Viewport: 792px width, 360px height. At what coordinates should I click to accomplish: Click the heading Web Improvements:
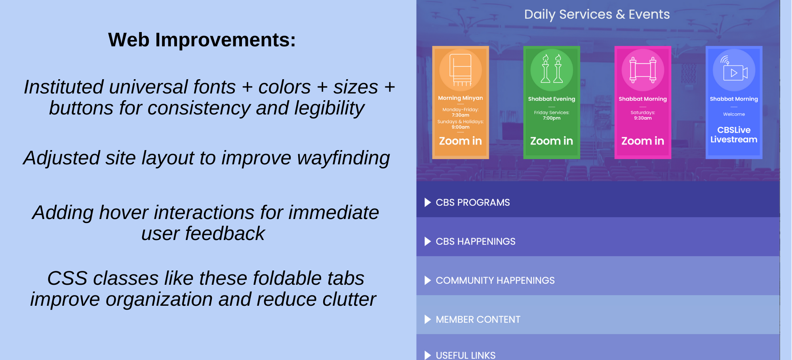tap(202, 40)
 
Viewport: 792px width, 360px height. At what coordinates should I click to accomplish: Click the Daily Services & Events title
tap(597, 15)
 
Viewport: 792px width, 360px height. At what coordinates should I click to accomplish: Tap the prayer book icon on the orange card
tap(460, 70)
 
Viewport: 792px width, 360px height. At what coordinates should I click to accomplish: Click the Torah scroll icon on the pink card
tap(643, 70)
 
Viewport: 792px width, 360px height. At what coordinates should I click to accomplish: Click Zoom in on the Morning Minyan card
tap(460, 141)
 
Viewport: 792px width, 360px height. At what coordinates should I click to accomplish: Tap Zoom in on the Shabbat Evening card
tap(552, 141)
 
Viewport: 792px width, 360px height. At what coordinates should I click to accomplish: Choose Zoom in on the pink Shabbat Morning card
tap(643, 141)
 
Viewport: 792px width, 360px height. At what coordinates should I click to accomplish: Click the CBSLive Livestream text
tap(734, 135)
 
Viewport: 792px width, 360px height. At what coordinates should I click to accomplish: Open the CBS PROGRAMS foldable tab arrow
tap(428, 202)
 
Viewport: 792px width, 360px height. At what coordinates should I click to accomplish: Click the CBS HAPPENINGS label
tap(476, 242)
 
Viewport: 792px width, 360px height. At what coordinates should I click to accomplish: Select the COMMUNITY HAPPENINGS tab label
tap(495, 280)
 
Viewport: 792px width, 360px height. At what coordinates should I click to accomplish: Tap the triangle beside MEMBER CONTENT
tap(428, 319)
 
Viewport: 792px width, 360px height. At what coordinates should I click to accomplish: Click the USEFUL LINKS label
tap(466, 355)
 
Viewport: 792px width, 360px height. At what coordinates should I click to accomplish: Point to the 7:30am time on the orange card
tap(461, 115)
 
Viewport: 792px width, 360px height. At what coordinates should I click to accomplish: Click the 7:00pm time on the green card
tap(552, 118)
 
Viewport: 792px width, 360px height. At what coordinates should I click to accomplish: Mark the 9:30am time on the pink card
tap(643, 118)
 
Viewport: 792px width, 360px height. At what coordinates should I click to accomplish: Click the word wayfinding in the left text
tap(343, 158)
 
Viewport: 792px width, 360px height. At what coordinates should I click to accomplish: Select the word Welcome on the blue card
tap(734, 114)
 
